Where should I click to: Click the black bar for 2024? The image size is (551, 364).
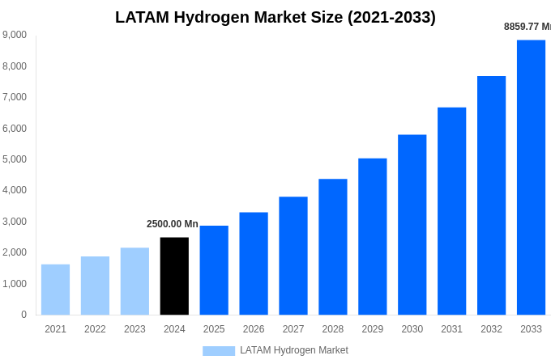(174, 276)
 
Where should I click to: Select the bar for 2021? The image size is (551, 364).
(55, 290)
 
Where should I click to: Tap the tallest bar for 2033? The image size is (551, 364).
(531, 177)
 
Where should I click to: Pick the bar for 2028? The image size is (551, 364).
(332, 247)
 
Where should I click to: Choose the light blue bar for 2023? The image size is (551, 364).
(135, 281)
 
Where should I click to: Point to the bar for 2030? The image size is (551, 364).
(412, 225)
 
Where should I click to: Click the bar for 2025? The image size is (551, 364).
(214, 270)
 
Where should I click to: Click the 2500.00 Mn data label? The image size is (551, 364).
(172, 224)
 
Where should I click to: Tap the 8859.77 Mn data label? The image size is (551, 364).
(528, 27)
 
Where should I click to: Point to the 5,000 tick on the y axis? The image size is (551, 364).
(14, 159)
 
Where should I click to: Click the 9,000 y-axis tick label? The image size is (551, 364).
(14, 35)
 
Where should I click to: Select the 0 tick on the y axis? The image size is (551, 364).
(23, 315)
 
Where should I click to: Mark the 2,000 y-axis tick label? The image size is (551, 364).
(14, 252)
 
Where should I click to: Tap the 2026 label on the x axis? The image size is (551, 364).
(254, 329)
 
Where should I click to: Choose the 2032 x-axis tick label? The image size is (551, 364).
(491, 329)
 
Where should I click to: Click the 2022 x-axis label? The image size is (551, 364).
(95, 329)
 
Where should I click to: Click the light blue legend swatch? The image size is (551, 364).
(218, 351)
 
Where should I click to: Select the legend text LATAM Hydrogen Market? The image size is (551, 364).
(293, 350)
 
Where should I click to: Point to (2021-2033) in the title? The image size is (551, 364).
(391, 17)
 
